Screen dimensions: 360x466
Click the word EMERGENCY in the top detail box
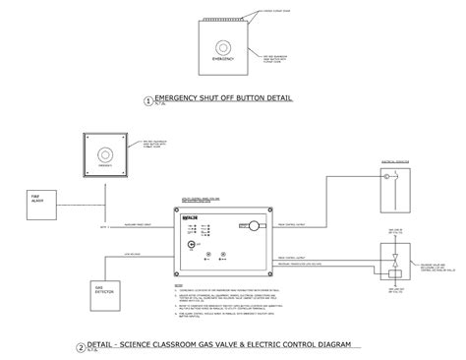[222, 59]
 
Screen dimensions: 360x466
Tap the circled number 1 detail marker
[148, 100]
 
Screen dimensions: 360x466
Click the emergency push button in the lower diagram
[104, 152]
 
